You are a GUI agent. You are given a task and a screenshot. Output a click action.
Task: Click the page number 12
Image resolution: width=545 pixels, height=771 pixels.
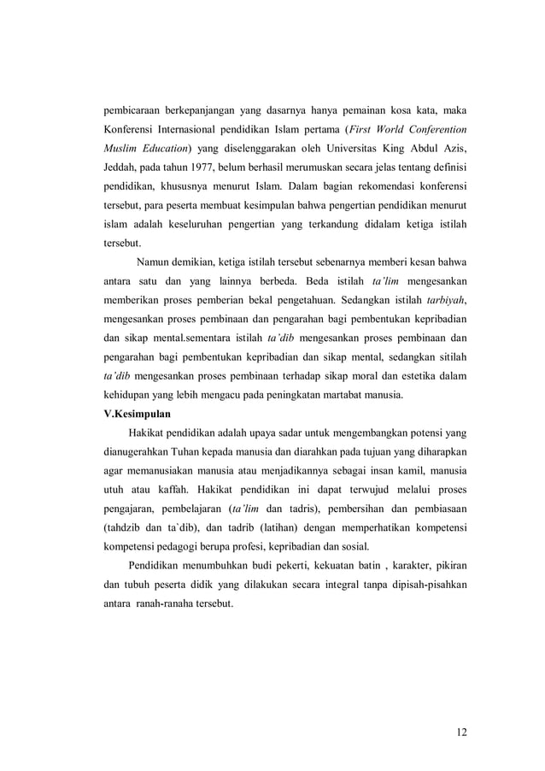tap(463, 731)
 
